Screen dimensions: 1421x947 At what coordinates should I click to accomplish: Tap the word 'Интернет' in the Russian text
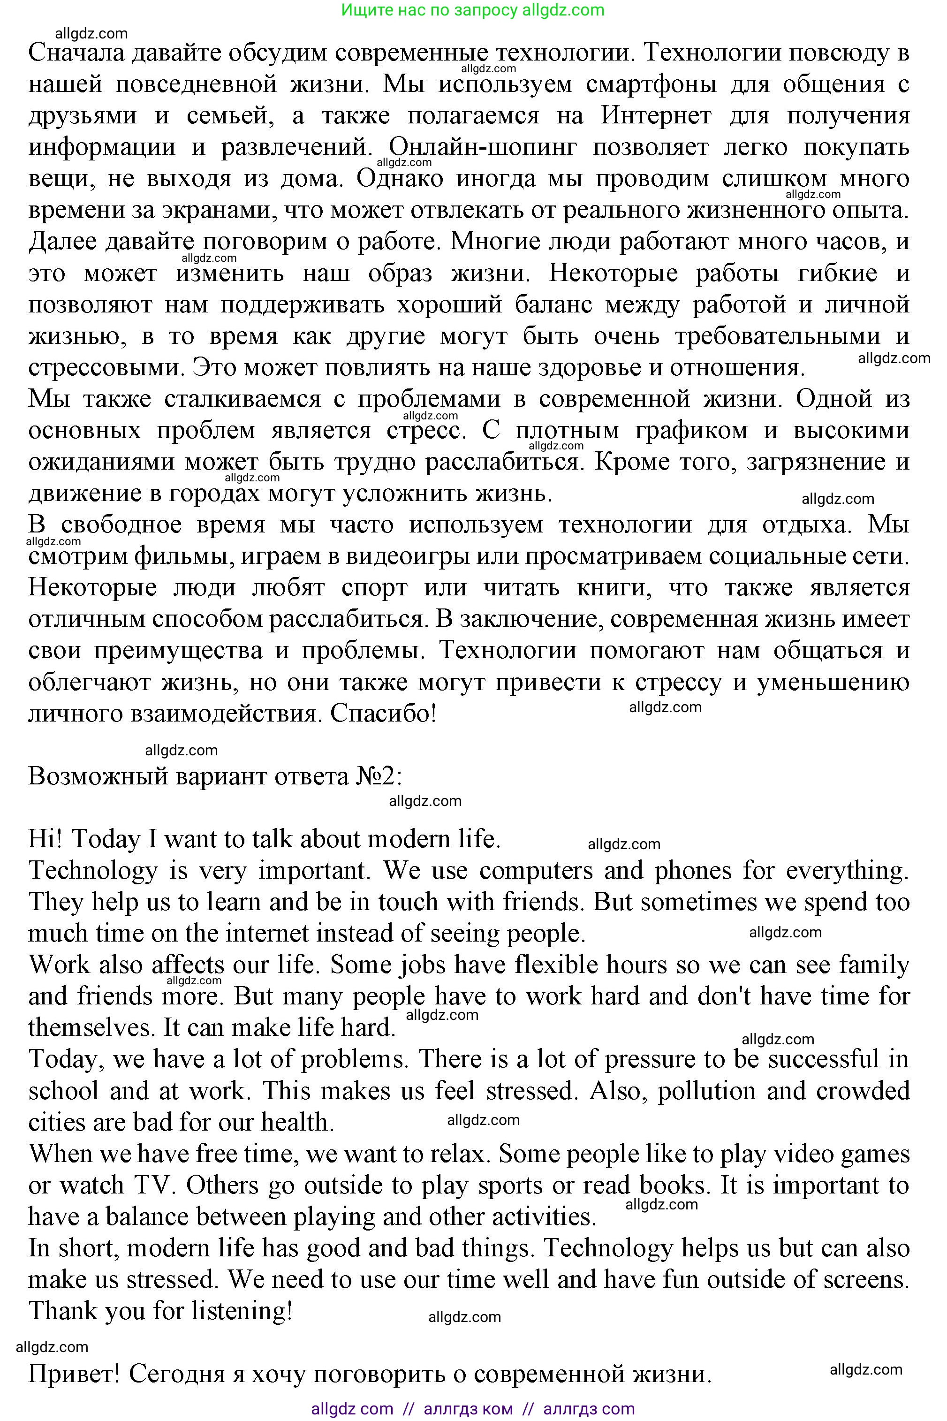[655, 116]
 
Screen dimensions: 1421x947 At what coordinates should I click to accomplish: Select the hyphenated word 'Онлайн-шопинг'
[483, 147]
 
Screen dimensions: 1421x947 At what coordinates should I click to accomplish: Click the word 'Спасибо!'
[383, 714]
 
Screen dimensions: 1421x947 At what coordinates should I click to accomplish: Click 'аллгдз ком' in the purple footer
[468, 1410]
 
